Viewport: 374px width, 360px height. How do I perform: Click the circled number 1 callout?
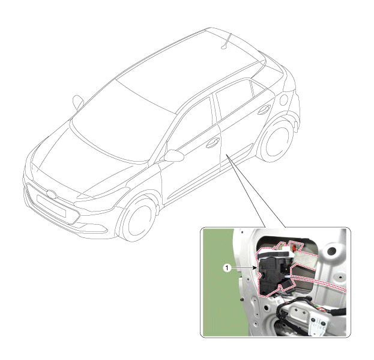(227, 268)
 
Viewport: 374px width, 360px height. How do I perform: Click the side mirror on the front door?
(173, 155)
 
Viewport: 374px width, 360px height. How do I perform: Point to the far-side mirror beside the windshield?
(78, 102)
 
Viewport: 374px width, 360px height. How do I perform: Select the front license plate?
(51, 206)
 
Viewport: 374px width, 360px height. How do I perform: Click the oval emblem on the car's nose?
(52, 194)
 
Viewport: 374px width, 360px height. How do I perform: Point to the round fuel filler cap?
(284, 100)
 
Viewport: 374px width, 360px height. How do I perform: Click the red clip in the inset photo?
(294, 248)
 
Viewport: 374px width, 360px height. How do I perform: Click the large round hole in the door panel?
(332, 251)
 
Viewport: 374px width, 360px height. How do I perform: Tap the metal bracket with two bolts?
(317, 325)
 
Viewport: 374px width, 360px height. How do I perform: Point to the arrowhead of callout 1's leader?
(256, 268)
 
